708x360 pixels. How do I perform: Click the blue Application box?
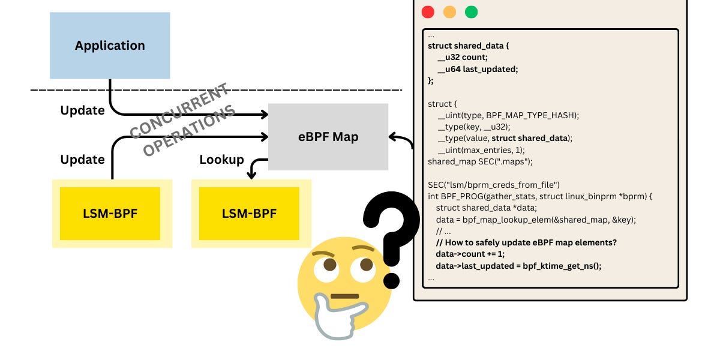pyautogui.click(x=110, y=46)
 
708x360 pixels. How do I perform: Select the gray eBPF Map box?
pyautogui.click(x=328, y=137)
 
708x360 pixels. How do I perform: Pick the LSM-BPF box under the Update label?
pyautogui.click(x=110, y=214)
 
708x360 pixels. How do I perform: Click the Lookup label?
pyautogui.click(x=221, y=160)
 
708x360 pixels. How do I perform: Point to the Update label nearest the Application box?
pyautogui.click(x=82, y=110)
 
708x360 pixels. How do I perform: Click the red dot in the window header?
pyautogui.click(x=428, y=12)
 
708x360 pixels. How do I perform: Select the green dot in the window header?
pyautogui.click(x=471, y=12)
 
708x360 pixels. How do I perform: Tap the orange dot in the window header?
pyautogui.click(x=449, y=12)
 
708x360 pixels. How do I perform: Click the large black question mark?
pyautogui.click(x=390, y=234)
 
